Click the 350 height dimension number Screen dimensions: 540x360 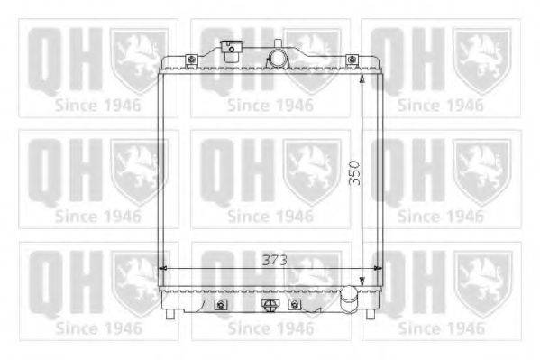pos(354,172)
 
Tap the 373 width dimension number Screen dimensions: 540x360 pos(274,260)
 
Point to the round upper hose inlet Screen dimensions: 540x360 pos(277,58)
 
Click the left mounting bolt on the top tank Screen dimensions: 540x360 pos(191,60)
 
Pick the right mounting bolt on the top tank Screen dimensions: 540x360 pos(352,60)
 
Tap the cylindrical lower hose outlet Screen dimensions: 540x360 pos(350,299)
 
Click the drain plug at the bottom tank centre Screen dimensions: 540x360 pos(270,305)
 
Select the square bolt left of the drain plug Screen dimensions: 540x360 pos(221,305)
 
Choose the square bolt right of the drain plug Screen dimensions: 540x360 pos(294,305)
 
